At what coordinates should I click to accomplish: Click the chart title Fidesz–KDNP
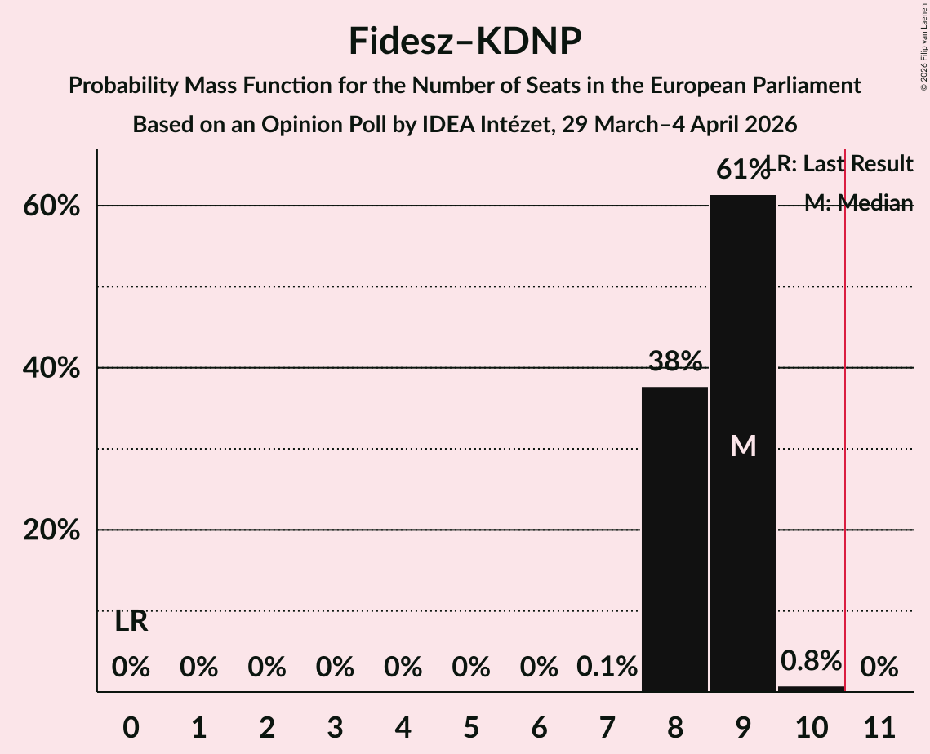465,41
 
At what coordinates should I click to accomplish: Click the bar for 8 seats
674,539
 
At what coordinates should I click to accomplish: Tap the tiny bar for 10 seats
811,689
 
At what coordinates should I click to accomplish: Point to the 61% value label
742,170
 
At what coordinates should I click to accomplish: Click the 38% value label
674,360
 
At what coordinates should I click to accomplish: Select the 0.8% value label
811,660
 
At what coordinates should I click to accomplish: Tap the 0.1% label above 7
607,668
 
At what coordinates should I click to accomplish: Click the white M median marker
743,446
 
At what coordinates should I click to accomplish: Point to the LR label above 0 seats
131,622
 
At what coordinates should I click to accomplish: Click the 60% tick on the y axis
51,206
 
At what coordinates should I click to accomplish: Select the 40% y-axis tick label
51,368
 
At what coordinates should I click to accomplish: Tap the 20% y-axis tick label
51,530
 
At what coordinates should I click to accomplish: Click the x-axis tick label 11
879,724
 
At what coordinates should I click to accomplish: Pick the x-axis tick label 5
470,724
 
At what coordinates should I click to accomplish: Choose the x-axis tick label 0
131,724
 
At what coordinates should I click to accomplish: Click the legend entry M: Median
858,203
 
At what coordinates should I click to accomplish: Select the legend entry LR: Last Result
845,164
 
